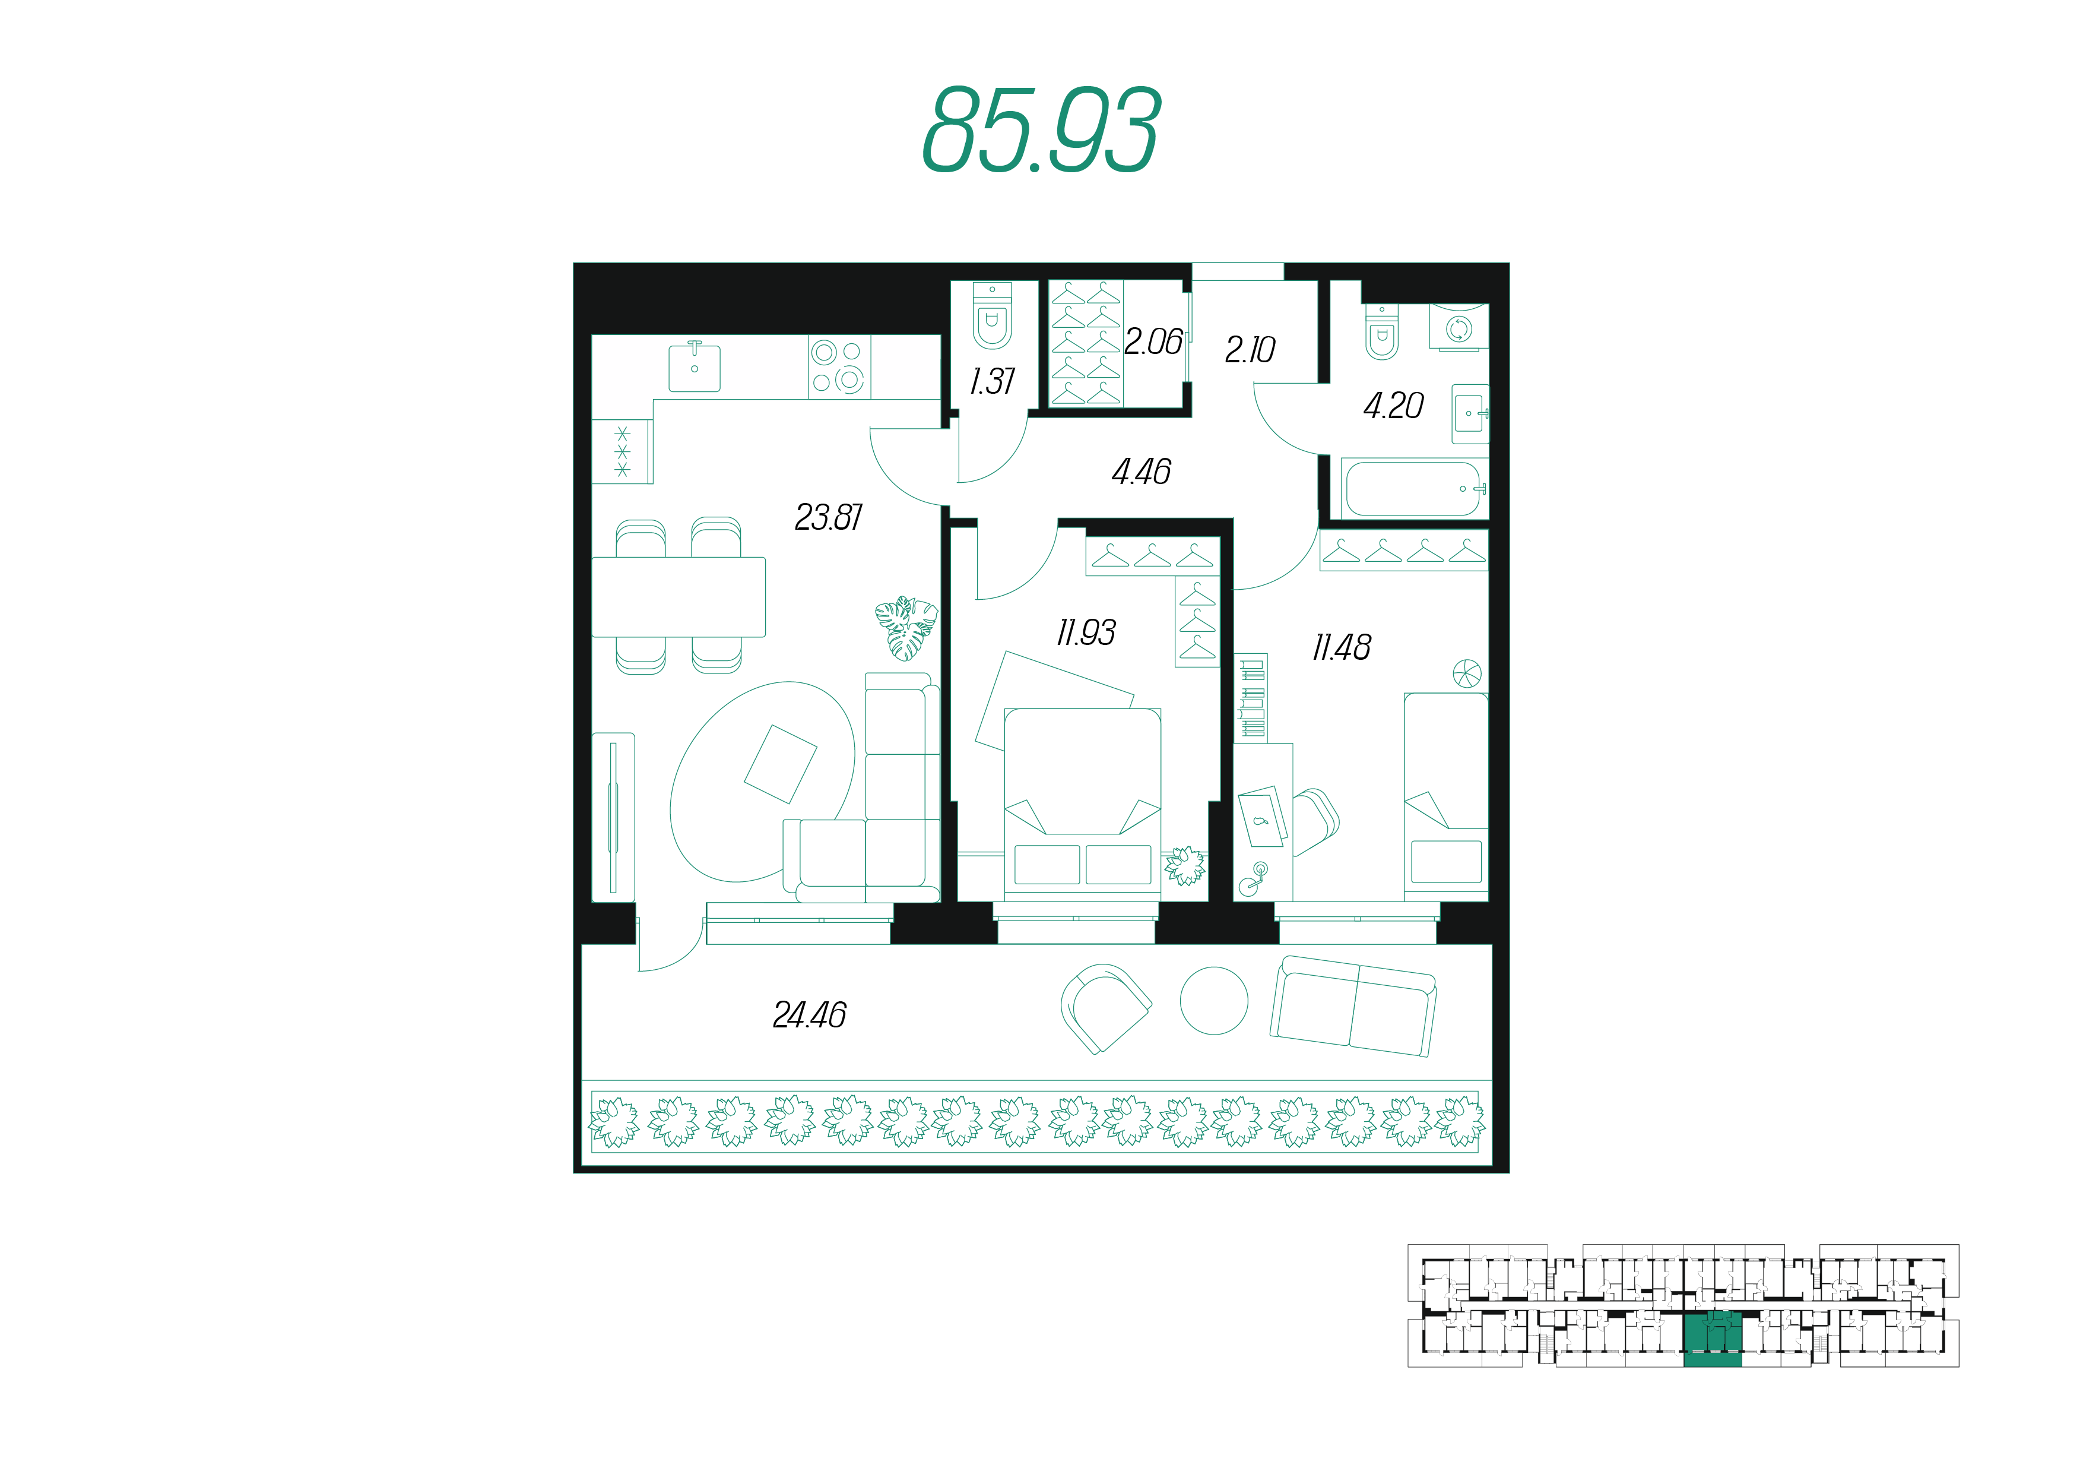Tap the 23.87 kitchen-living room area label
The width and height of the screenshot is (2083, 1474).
coord(828,517)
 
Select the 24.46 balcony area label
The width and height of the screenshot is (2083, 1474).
coord(809,1015)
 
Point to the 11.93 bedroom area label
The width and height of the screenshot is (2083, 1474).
coord(1086,632)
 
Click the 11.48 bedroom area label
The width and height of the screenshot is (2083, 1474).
coord(1342,647)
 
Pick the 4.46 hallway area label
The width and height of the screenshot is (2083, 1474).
coord(1142,471)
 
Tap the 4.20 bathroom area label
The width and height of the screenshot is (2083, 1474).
coord(1393,406)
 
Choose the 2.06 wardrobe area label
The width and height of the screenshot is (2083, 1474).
coord(1153,341)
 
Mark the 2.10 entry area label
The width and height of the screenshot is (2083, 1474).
coord(1250,349)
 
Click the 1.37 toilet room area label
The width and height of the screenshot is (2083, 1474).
coord(993,381)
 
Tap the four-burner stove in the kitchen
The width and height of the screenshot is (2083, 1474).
coord(839,366)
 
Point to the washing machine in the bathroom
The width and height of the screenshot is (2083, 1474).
coord(1459,327)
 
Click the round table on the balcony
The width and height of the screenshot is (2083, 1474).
coord(1214,1000)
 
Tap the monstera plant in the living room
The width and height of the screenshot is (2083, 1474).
coord(906,627)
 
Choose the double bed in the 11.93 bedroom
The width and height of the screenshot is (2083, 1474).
coord(1082,804)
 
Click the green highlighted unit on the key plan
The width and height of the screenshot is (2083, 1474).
coord(1713,1339)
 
